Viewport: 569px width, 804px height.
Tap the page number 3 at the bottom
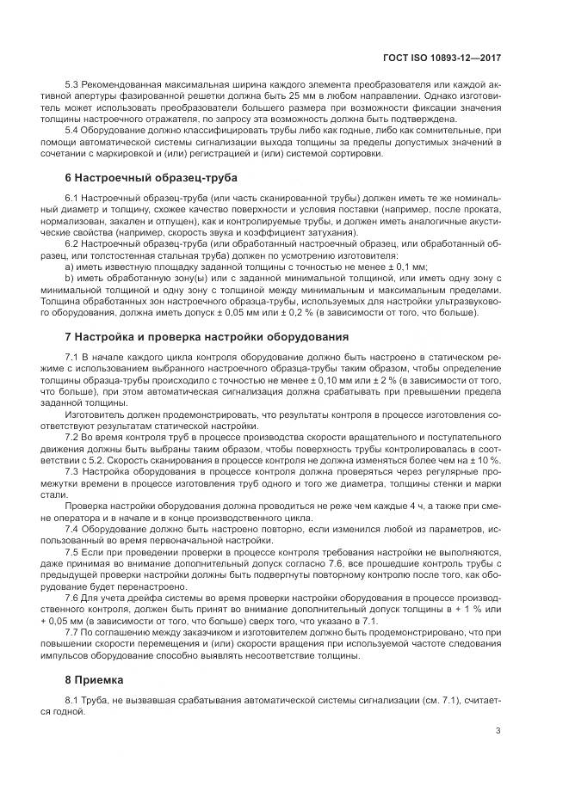(498, 731)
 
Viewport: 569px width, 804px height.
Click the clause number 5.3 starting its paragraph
(72, 86)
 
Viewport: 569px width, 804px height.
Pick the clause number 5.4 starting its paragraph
(72, 130)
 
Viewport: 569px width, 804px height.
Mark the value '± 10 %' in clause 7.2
(483, 459)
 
